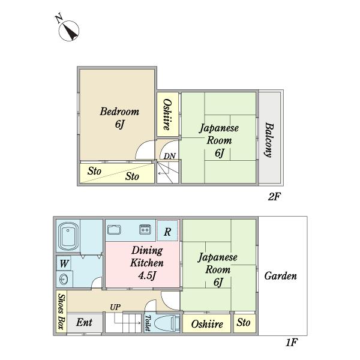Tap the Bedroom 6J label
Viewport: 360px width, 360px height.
point(119,118)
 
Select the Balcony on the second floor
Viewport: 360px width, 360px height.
point(269,138)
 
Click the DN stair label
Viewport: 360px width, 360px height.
point(170,156)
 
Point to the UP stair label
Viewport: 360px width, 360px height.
point(115,307)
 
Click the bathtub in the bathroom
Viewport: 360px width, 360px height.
point(68,236)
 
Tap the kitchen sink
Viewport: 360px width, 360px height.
point(115,230)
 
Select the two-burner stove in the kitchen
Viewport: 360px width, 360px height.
point(145,229)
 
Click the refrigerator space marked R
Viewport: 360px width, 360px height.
point(167,231)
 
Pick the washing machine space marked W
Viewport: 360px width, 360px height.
point(64,263)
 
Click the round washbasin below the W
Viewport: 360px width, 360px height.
point(64,279)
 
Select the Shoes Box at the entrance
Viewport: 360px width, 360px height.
point(62,311)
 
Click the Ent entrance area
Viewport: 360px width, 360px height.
point(85,323)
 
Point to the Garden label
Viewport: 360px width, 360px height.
point(281,276)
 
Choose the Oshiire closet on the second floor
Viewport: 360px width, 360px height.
point(167,115)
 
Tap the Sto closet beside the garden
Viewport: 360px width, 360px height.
point(244,323)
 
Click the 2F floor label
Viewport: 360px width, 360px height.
point(274,197)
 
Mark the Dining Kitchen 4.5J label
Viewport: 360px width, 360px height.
point(147,263)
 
